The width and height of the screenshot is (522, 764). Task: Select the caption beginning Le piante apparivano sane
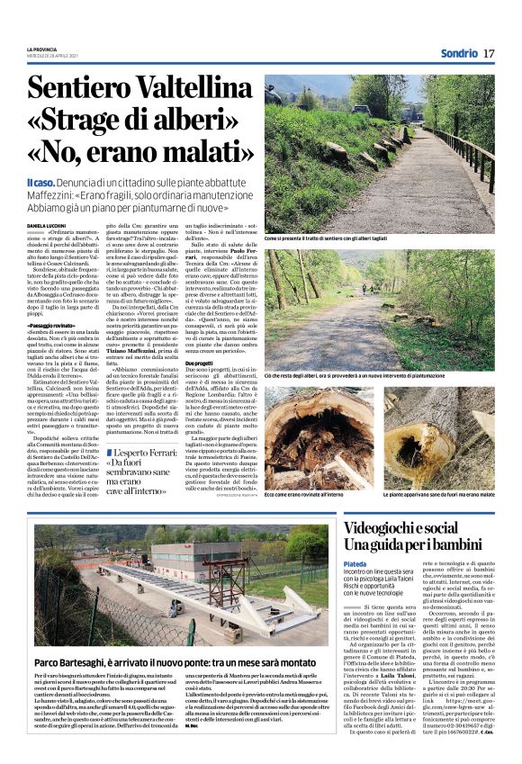[x=440, y=495]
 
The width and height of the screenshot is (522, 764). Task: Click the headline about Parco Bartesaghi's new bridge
[x=167, y=664]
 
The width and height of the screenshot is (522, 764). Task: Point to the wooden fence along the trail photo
[x=468, y=157]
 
